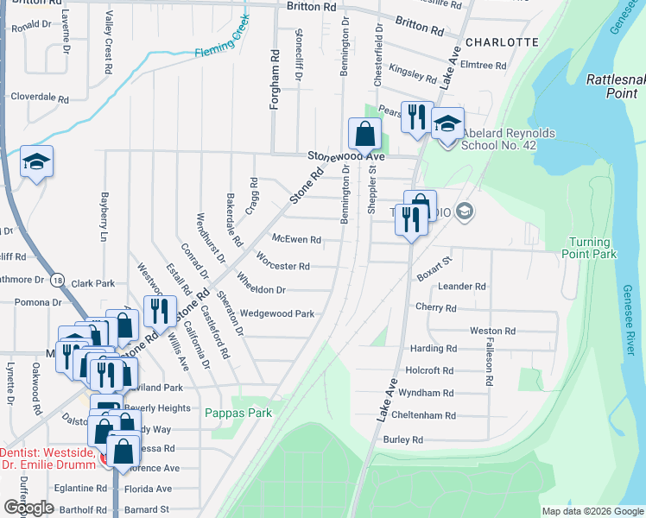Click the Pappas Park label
coord(238,413)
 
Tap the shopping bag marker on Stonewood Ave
coord(364,134)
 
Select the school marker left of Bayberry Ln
coord(36,161)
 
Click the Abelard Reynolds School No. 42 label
coord(509,140)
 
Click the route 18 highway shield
coord(57,281)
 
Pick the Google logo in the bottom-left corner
coord(28,508)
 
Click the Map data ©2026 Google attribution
coord(592,511)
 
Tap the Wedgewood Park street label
coord(277,313)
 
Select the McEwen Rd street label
coord(296,239)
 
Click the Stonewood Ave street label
coord(345,157)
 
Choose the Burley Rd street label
coord(403,439)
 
